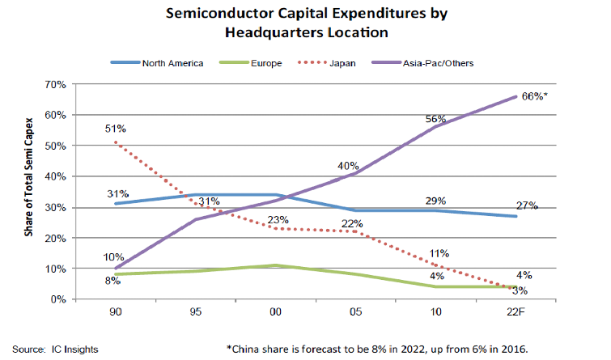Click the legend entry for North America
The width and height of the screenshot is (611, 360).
(168, 62)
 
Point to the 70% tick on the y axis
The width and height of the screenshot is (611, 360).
(54, 84)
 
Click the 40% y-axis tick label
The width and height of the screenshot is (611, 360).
(54, 176)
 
